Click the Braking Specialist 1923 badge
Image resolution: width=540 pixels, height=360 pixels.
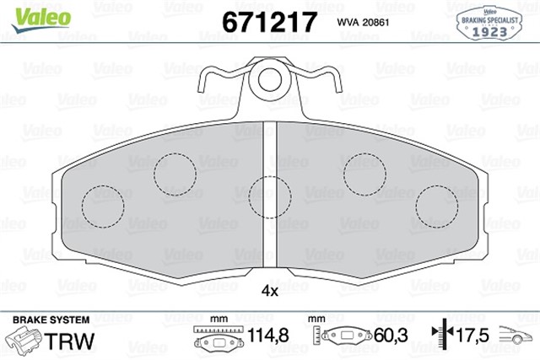[489, 24]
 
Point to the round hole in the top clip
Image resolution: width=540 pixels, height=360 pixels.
[271, 80]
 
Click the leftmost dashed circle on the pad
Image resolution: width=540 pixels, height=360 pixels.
[102, 203]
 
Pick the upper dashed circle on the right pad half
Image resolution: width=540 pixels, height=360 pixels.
[365, 172]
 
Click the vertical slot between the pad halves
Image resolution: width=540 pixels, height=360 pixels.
[271, 202]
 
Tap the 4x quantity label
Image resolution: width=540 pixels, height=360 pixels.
[270, 290]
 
